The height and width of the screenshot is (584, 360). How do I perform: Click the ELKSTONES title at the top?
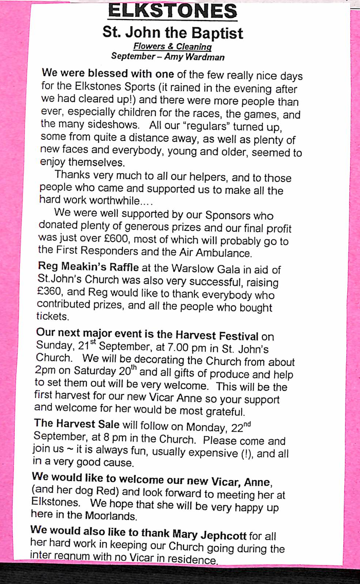coord(173,10)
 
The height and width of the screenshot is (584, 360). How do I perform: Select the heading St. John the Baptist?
coord(173,34)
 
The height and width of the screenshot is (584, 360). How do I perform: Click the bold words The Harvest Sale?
coord(76,425)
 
